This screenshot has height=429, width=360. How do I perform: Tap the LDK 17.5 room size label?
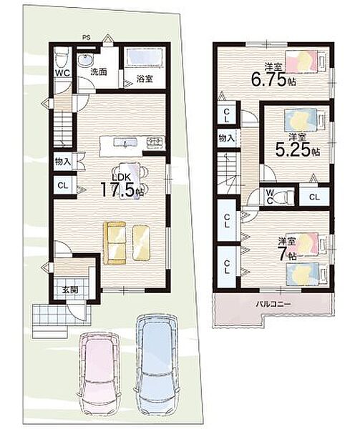point(122,186)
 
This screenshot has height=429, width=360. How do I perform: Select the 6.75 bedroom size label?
point(274,79)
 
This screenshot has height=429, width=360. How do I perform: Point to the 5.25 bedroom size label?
point(298,149)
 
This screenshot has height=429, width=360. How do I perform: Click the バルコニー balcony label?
point(273,304)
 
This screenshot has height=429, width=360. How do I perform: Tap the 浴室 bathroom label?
point(145,79)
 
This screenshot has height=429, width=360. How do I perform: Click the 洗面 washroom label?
point(99,72)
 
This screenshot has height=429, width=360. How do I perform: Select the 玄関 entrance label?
point(69,290)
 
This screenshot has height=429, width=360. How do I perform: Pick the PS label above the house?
point(87,37)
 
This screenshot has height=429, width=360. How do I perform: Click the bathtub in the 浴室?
point(144,57)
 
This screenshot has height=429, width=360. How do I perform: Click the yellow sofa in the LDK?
point(115,242)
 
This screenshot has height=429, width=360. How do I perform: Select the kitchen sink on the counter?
point(125,142)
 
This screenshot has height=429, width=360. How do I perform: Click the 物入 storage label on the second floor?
point(227,139)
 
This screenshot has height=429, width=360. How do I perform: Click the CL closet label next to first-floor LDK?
point(62,185)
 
